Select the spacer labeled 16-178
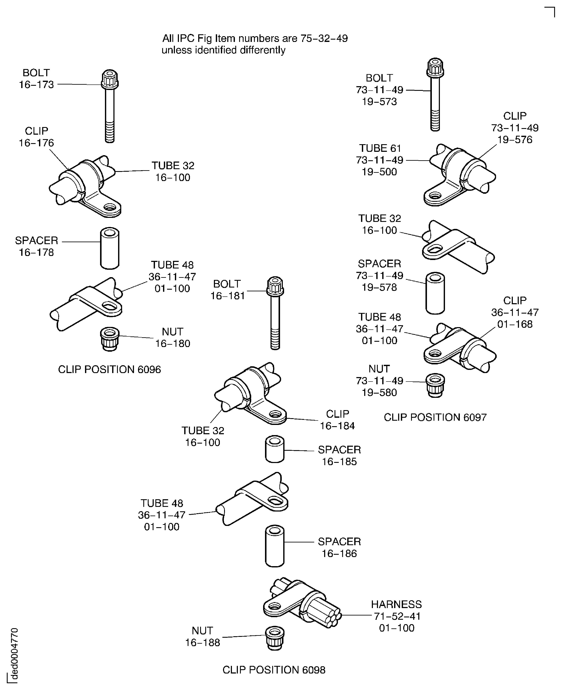[x=110, y=248]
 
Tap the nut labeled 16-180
[x=110, y=339]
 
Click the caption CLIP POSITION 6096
[x=109, y=369]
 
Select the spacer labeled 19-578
[x=435, y=293]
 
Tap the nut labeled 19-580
[x=435, y=385]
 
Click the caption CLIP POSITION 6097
[x=435, y=417]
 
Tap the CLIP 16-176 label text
[x=36, y=137]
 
